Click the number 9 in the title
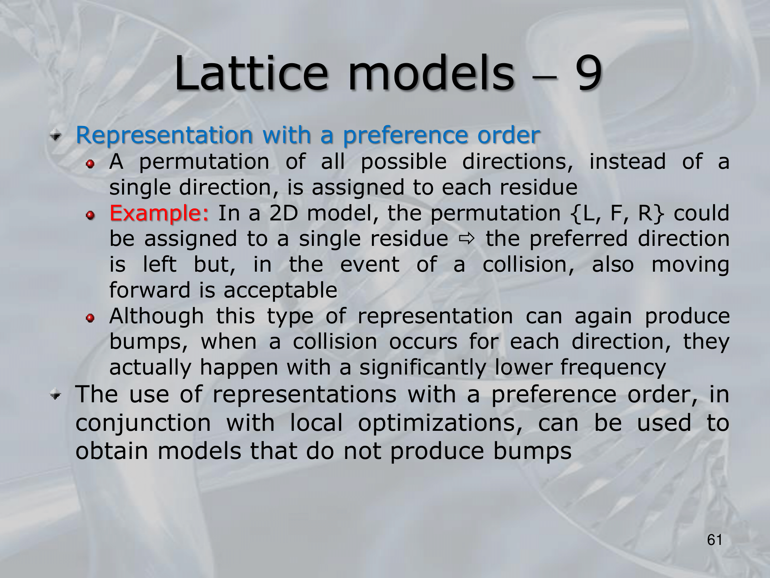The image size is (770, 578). tap(588, 73)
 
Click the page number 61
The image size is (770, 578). tap(715, 540)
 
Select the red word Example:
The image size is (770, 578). tap(159, 213)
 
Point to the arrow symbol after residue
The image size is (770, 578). tap(467, 239)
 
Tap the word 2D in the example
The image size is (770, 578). tap(284, 213)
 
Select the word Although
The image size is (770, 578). tap(156, 316)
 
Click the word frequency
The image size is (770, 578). tap(613, 367)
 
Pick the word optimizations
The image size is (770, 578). tap(440, 423)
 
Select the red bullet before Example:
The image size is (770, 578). tap(90, 215)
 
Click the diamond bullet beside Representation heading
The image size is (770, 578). tap(56, 136)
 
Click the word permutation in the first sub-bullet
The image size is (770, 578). tap(204, 162)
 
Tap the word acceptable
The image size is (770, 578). tap(280, 291)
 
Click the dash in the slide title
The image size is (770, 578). tap(545, 77)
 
